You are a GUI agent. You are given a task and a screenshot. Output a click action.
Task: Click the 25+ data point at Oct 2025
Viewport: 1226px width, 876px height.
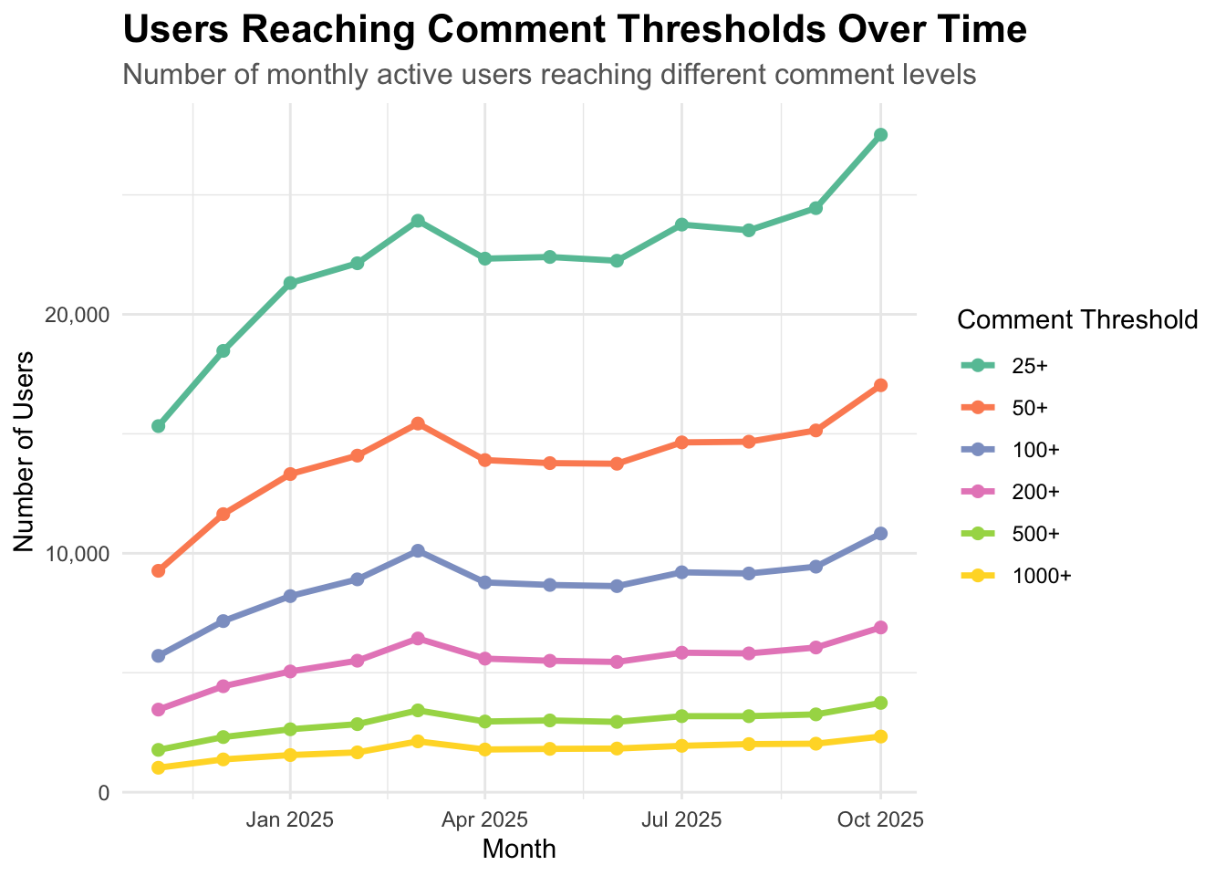[880, 135]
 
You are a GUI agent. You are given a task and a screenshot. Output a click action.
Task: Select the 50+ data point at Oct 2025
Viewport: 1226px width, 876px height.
[880, 385]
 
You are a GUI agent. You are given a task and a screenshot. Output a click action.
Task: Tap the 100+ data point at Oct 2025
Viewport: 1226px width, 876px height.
[880, 534]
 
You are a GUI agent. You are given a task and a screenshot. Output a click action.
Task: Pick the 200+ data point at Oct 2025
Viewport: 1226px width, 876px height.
[880, 628]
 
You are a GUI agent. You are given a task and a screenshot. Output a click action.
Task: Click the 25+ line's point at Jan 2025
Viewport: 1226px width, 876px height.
[290, 283]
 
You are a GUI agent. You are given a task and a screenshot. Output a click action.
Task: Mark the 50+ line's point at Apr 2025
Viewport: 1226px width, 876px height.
[484, 460]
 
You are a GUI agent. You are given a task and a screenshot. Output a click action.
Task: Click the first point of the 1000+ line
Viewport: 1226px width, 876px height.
[159, 767]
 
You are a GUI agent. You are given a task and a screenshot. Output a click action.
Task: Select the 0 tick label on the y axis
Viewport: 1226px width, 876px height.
[104, 793]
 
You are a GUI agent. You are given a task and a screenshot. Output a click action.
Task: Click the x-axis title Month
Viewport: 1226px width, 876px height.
[519, 850]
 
